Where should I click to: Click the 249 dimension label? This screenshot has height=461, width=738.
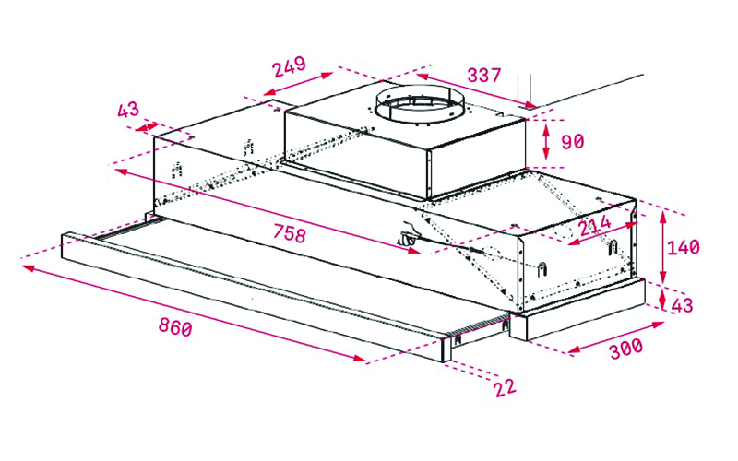point(290,66)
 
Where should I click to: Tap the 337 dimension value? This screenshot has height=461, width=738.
point(483,76)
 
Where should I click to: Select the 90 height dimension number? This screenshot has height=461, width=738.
point(572,141)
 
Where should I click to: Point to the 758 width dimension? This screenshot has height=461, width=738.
point(290,233)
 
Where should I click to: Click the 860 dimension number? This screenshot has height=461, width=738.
point(175,327)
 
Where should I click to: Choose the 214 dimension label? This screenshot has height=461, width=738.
point(595,225)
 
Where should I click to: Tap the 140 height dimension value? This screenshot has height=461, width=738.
point(683,247)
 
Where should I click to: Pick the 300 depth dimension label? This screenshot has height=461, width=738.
point(626,349)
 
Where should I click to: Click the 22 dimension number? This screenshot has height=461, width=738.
point(505,388)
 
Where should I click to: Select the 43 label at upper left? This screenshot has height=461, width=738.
point(128,110)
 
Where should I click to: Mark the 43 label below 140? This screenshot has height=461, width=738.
point(682,305)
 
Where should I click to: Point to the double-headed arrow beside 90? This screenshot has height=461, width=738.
point(546,142)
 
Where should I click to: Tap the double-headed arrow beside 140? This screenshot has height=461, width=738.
point(662,247)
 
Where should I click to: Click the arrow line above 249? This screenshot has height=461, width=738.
point(298,83)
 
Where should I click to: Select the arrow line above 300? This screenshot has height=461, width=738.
point(616,337)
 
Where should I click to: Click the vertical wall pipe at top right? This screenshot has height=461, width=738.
point(524,89)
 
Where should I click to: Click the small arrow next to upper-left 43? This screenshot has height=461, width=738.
point(147,126)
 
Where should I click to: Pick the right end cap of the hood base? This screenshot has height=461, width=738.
point(577,310)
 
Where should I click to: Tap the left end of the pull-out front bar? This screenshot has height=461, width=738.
point(65,244)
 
